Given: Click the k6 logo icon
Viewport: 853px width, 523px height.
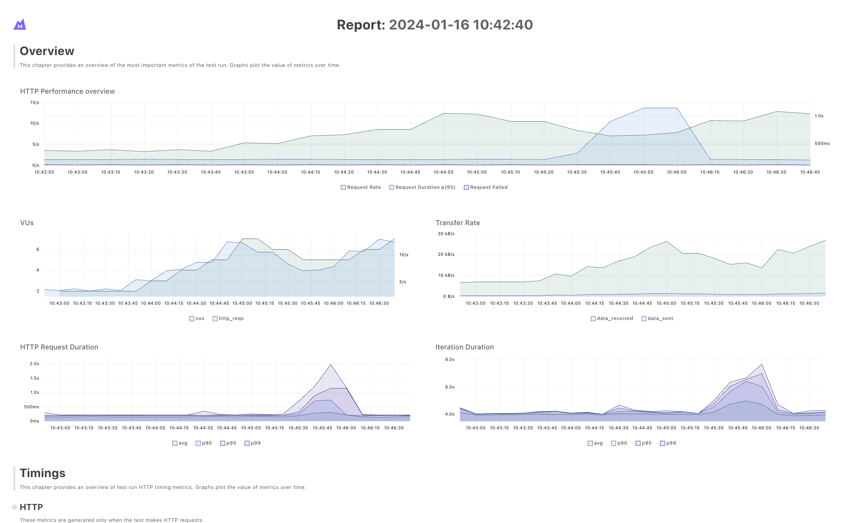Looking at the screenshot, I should coord(20,24).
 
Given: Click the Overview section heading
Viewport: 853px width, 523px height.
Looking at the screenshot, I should coord(47,51).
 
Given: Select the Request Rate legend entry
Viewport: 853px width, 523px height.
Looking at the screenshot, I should coord(361,187).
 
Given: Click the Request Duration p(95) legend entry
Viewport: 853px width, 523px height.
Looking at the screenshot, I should coord(422,187).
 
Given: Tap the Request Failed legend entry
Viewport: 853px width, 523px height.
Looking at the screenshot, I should coord(485,187).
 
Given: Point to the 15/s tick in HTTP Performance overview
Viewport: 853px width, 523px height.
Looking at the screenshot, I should coord(35,103).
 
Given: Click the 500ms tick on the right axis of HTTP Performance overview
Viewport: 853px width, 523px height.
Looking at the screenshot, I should coord(822,144).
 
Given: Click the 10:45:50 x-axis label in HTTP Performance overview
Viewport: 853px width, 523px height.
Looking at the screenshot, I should coord(643,172).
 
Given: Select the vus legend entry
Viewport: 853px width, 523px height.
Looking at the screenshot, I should coord(197,318).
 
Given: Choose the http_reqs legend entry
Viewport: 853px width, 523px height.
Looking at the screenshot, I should coord(228,318).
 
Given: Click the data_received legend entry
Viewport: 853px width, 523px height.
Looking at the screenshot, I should coord(612,318).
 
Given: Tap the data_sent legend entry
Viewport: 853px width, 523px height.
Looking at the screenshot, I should coord(657,318).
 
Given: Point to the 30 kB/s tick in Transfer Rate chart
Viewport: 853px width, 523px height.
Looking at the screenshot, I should coord(446,234).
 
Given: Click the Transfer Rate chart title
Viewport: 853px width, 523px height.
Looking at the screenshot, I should coord(457,223).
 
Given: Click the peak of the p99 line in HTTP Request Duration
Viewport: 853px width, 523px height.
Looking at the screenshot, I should coord(331,365).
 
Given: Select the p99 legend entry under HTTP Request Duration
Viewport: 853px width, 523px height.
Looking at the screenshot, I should coord(253,443).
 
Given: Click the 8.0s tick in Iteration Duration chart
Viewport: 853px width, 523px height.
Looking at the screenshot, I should coord(450,360).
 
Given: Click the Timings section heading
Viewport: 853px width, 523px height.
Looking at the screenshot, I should coord(42,473).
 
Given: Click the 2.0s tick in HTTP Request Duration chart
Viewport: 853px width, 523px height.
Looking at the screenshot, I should coord(34,364).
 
